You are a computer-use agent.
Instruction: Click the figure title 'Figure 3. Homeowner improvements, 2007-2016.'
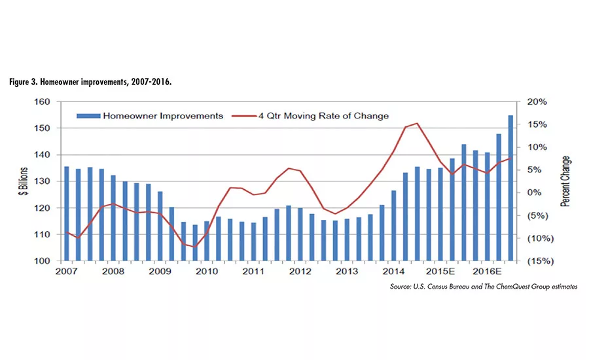91,83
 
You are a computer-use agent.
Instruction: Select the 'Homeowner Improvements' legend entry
150,116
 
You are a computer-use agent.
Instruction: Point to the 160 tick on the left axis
43,102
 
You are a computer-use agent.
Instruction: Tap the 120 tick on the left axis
43,208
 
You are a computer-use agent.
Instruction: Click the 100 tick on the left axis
43,261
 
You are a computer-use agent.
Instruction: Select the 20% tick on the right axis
535,102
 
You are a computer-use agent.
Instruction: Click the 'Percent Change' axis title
565,181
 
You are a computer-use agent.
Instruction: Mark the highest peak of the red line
417,123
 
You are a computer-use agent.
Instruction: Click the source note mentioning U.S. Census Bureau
483,286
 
